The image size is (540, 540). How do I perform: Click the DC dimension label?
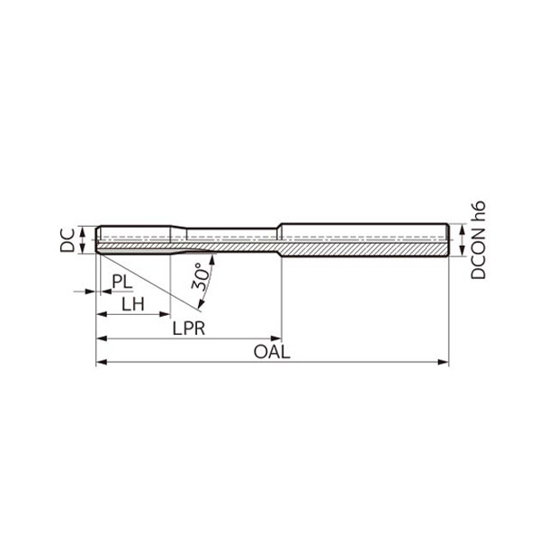[x=67, y=239]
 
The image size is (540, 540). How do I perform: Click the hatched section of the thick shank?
[x=360, y=248]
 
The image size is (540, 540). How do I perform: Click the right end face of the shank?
[x=447, y=239]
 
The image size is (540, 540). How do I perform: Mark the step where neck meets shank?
[x=280, y=239]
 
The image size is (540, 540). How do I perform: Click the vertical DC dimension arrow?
[x=84, y=239]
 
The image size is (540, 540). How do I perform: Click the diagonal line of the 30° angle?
[x=135, y=283]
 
